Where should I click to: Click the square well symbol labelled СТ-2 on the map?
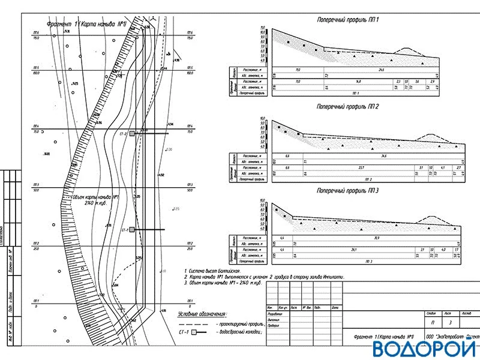coord(132,134)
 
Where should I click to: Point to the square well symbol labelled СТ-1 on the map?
coord(132,230)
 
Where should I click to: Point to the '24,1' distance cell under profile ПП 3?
coord(354,250)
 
